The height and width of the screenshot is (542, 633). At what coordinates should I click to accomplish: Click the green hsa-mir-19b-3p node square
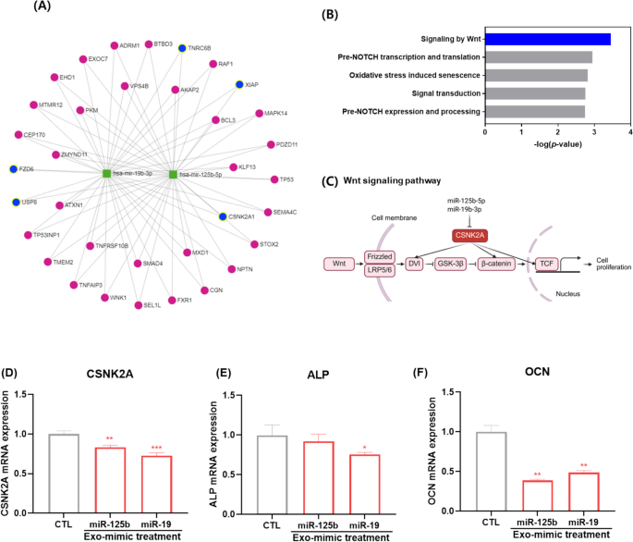[107, 173]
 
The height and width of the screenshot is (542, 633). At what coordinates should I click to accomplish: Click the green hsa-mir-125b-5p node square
[172, 173]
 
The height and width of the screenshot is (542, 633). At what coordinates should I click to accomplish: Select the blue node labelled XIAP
[239, 84]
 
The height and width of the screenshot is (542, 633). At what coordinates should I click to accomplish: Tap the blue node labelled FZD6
[13, 169]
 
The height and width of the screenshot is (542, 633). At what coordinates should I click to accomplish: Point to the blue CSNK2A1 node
[223, 216]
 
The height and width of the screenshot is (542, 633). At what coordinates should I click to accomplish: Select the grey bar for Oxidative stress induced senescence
[536, 75]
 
